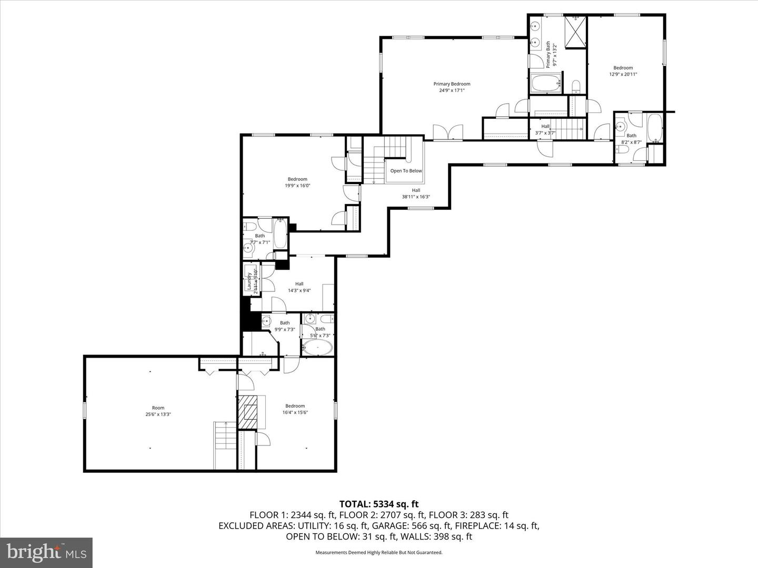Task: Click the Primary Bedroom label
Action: [x=452, y=84]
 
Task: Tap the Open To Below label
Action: [x=406, y=171]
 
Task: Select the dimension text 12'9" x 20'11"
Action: [x=623, y=75]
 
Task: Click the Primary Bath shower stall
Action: [x=575, y=32]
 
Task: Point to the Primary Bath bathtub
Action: [x=546, y=83]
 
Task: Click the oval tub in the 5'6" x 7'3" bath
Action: [x=317, y=347]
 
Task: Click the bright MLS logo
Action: [x=46, y=552]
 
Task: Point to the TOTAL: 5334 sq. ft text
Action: [x=378, y=504]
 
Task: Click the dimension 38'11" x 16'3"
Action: [x=416, y=197]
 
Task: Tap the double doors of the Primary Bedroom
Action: [x=447, y=133]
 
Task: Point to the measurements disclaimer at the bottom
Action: [x=378, y=553]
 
